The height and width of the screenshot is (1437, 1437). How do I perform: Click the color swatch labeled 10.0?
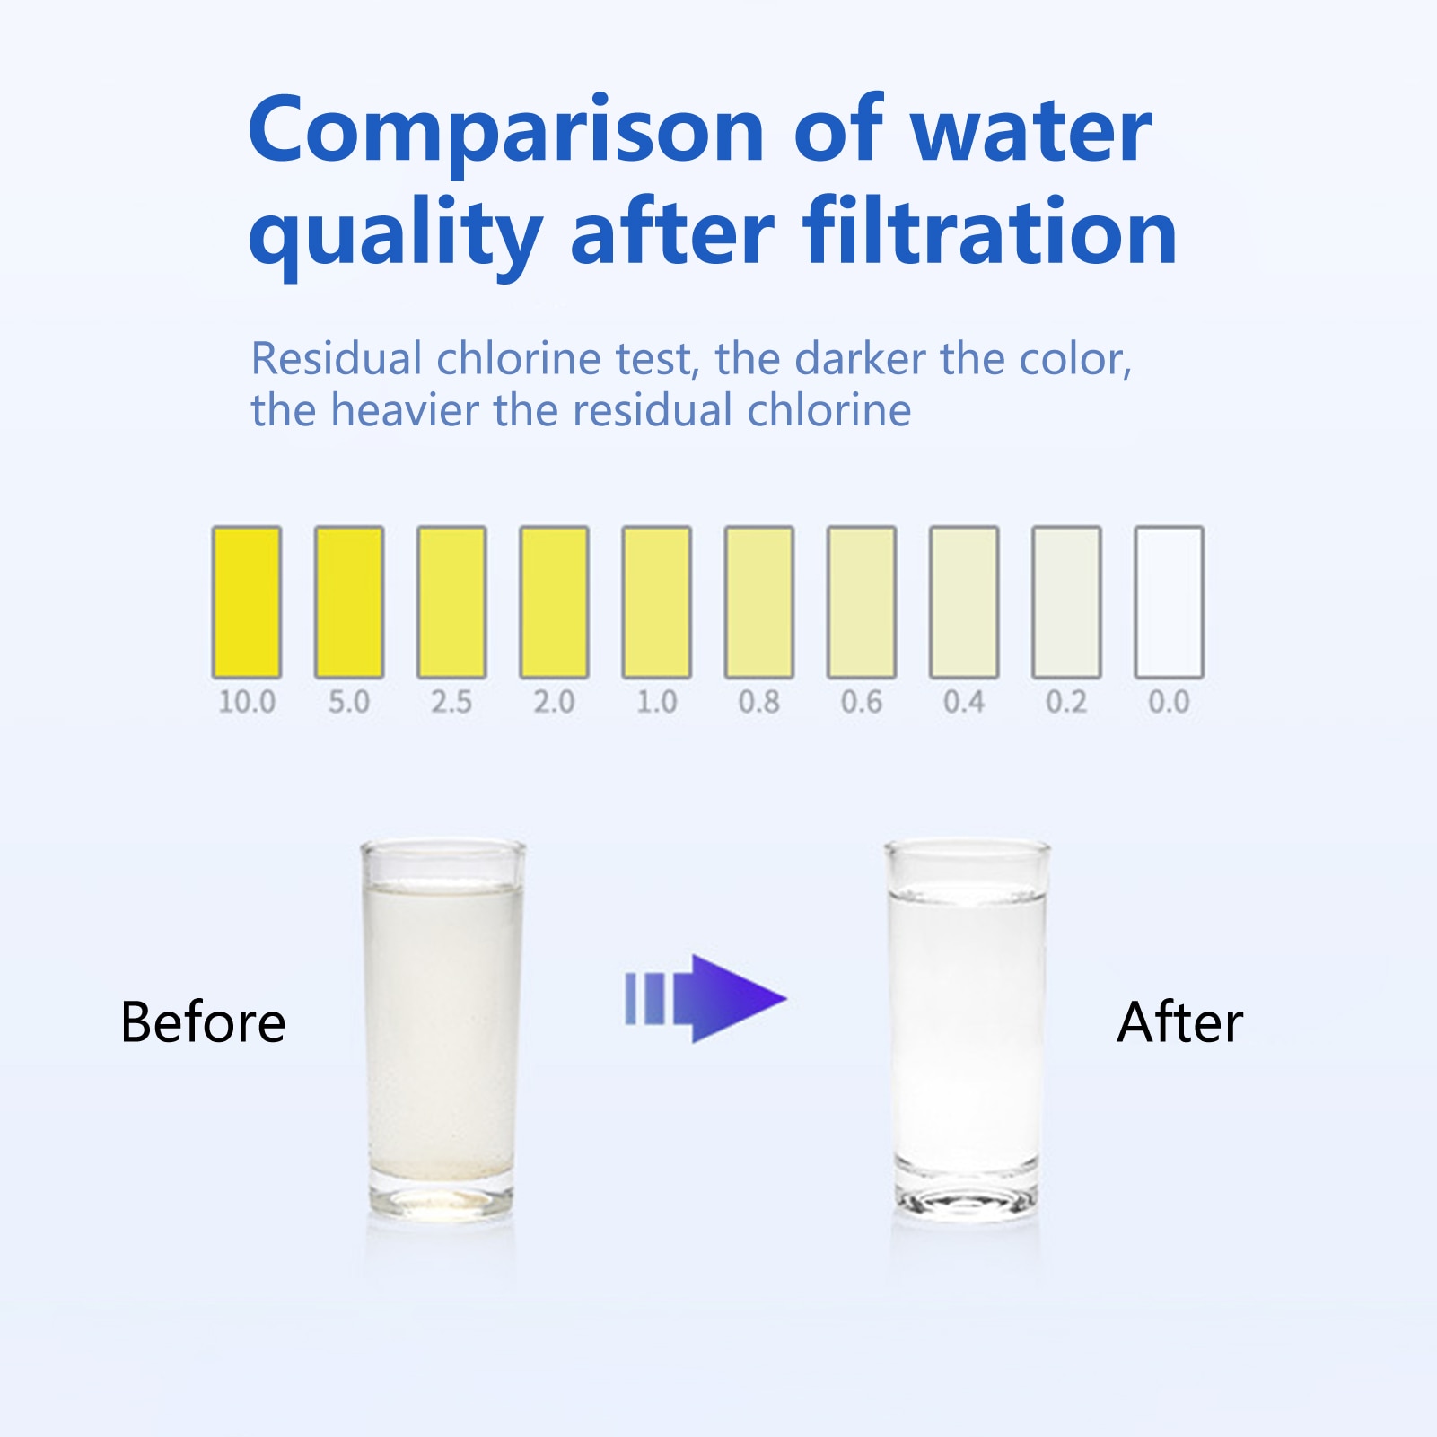(247, 602)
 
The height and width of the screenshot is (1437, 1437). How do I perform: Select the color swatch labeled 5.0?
(349, 602)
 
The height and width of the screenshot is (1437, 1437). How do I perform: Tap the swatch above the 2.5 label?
(451, 602)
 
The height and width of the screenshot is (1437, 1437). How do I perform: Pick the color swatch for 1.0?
(657, 602)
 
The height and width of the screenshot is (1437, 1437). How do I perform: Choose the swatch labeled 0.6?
(862, 602)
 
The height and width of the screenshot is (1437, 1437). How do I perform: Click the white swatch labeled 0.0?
(1170, 602)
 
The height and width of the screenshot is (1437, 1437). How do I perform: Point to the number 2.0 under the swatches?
(555, 701)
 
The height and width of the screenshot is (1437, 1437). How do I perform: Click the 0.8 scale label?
(759, 701)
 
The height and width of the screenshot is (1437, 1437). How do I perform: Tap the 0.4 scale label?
(964, 701)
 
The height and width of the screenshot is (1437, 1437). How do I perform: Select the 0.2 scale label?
(1066, 701)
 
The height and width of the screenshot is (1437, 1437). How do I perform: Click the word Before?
(204, 1022)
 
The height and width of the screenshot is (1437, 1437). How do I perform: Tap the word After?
(1180, 1022)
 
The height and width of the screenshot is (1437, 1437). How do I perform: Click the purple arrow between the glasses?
(705, 998)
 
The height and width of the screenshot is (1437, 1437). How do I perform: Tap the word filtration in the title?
(990, 232)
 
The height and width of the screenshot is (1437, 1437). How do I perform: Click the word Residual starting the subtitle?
(337, 359)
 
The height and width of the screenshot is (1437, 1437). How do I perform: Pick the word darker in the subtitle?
(860, 359)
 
